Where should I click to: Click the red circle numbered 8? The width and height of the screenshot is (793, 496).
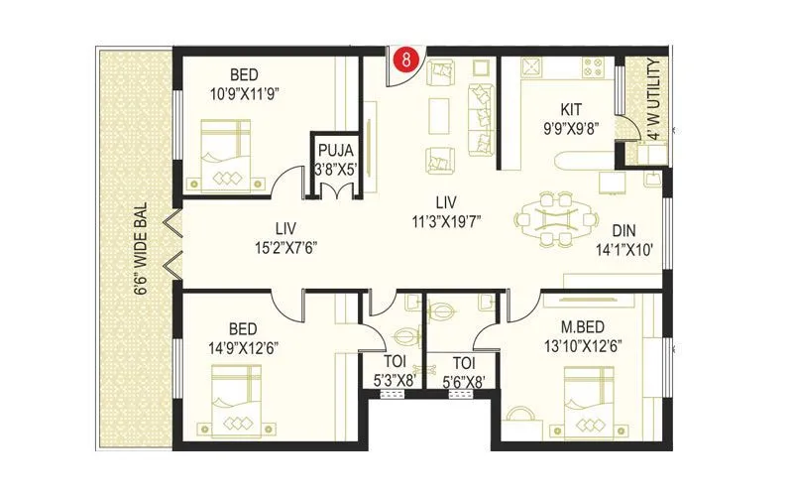coord(405,60)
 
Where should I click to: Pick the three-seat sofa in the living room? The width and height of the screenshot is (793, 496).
coord(483,120)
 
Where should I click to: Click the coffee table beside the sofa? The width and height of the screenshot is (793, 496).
coord(438,116)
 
